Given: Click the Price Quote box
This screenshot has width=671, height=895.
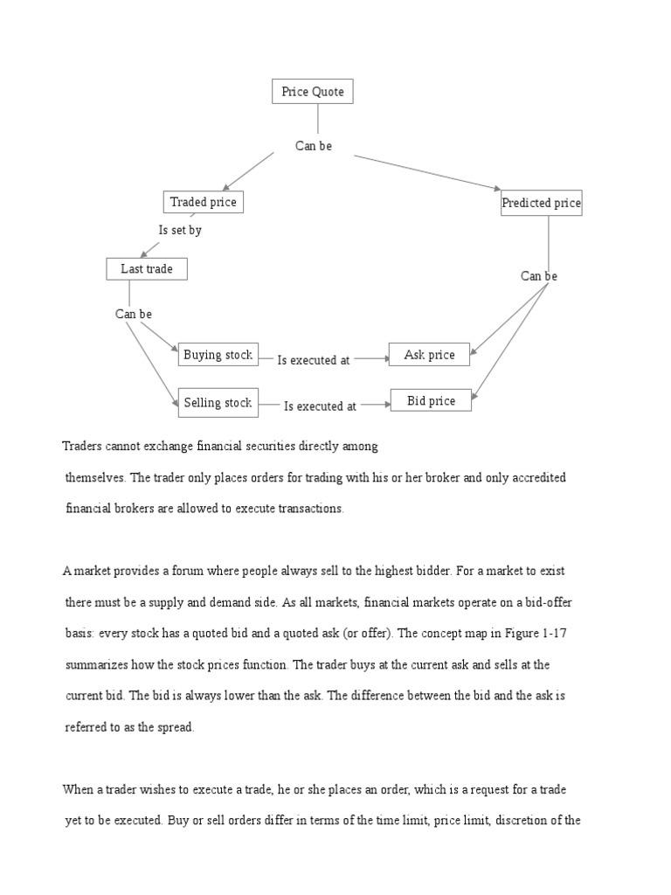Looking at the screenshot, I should pos(313,92).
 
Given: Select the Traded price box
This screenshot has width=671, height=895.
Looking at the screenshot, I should pos(203,202).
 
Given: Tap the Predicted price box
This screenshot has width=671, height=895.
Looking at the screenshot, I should pos(541,203).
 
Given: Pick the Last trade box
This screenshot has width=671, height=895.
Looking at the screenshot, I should pos(147,269).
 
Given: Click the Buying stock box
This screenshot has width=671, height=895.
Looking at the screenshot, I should pos(218,355).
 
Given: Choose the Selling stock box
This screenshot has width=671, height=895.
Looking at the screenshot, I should pos(218,403).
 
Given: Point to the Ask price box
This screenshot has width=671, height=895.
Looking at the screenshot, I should pos(429,355).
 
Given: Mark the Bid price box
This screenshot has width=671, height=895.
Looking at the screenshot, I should pos(431,401).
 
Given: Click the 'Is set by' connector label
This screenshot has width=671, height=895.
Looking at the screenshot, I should pos(180,231).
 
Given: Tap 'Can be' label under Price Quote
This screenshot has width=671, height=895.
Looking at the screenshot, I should pos(314,146).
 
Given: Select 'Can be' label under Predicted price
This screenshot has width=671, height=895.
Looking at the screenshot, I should pos(539,276).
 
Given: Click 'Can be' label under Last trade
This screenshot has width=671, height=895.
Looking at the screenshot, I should pos(134,314).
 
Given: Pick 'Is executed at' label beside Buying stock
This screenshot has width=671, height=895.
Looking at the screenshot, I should pos(314,360).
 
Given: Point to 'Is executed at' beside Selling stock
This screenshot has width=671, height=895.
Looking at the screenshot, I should pos(321,406).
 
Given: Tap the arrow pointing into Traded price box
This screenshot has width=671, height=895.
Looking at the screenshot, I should pos(226,187).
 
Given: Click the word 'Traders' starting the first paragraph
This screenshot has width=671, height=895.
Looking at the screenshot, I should pos(83,446).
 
